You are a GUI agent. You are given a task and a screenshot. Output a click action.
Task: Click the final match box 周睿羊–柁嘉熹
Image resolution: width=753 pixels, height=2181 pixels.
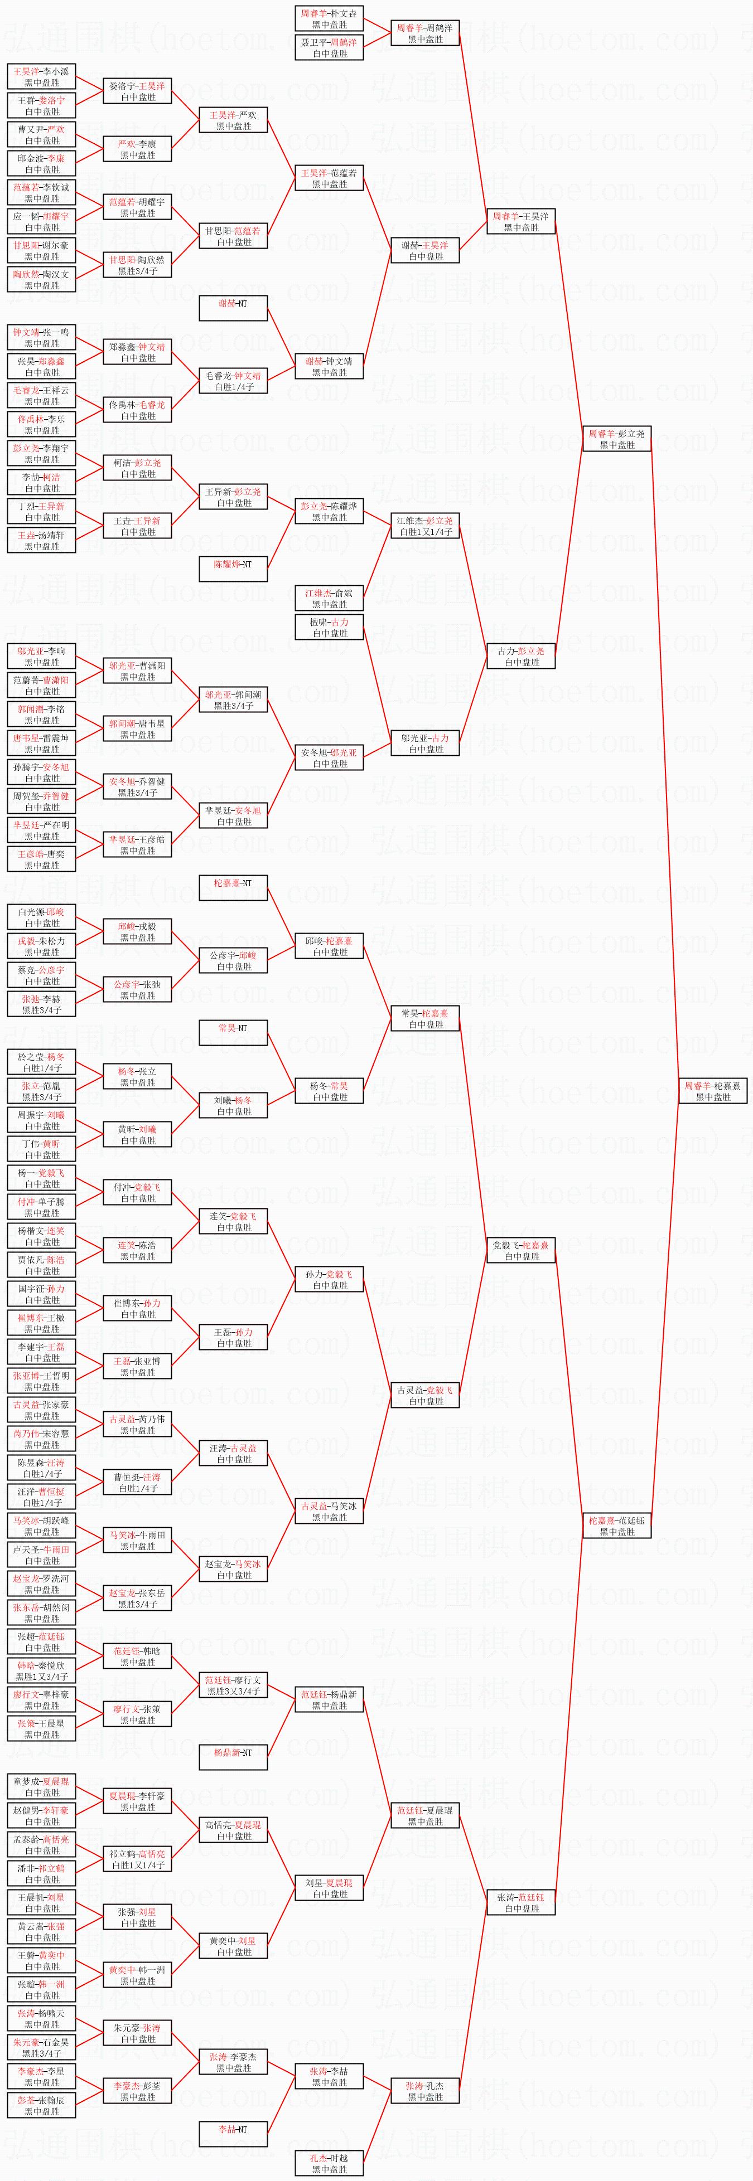(712, 1090)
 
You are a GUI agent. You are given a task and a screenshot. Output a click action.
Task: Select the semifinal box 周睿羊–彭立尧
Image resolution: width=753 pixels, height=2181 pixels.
(617, 439)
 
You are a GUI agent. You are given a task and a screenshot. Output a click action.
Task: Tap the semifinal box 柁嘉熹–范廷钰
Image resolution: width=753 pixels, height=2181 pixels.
(617, 1526)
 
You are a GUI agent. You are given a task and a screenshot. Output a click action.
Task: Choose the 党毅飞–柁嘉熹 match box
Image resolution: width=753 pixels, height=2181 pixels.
(521, 1251)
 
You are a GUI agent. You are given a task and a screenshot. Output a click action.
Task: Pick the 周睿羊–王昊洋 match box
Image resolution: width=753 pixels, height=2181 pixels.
(521, 222)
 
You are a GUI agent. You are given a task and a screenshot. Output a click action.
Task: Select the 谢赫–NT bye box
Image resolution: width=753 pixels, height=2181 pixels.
(234, 308)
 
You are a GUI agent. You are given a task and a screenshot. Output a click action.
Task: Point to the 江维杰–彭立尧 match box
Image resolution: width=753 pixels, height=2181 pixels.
(425, 526)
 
